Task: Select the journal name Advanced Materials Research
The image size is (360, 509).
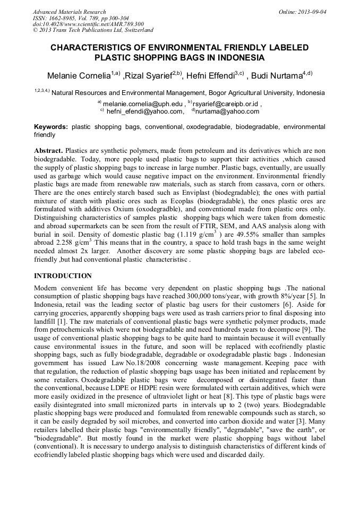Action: (70, 12)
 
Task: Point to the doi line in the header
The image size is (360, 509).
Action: (88, 24)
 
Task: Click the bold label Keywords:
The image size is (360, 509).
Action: (51, 127)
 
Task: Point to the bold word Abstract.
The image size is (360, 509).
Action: (48, 151)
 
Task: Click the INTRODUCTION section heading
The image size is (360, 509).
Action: (63, 276)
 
